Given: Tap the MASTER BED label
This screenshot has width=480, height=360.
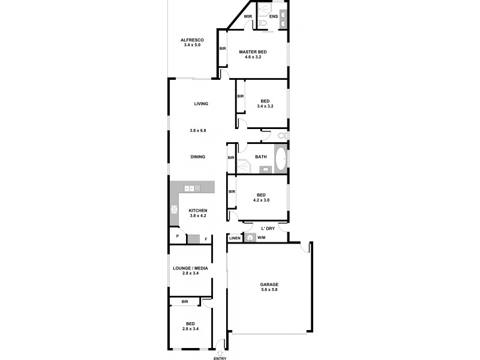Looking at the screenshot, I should click(x=253, y=52).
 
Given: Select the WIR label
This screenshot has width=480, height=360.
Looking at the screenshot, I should click(x=247, y=16).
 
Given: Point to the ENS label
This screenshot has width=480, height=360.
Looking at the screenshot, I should click(x=273, y=16).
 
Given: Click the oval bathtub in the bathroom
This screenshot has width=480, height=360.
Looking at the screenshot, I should click(x=280, y=158).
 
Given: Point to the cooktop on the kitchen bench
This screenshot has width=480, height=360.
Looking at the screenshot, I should click(x=175, y=209).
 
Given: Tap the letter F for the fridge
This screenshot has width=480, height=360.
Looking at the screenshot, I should click(x=206, y=239).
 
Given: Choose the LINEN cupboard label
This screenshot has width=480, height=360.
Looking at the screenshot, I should click(x=235, y=238).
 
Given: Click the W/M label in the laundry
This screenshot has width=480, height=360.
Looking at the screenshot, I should click(x=261, y=238).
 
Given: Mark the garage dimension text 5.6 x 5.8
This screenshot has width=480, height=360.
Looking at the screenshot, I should click(x=269, y=290).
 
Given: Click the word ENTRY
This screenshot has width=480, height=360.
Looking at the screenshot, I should click(x=220, y=358).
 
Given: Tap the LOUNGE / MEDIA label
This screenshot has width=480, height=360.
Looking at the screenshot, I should click(x=190, y=268).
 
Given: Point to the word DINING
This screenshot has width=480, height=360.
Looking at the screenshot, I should click(x=198, y=157).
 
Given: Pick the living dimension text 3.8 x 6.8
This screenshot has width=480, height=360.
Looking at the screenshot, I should click(x=199, y=130).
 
